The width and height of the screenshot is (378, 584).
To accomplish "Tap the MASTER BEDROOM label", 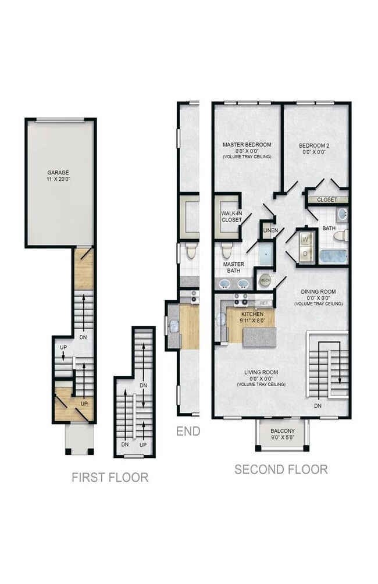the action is [x=247, y=144].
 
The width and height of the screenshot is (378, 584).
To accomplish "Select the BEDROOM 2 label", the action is [x=314, y=145].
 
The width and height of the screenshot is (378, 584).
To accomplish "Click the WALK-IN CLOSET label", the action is [x=231, y=216].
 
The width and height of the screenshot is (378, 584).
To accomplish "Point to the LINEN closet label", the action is [x=270, y=230].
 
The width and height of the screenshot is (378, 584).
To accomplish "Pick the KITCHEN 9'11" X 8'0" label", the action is [x=252, y=317].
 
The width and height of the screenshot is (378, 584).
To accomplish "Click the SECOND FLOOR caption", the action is [x=281, y=469].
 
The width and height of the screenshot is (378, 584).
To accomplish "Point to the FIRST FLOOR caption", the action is [x=110, y=477].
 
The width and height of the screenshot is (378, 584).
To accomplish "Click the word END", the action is [x=188, y=431].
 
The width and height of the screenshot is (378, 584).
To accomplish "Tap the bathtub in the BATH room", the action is [x=334, y=257].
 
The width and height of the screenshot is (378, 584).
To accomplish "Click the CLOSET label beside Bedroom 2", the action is [x=327, y=200].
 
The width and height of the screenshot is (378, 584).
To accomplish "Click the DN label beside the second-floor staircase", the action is [x=318, y=405].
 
